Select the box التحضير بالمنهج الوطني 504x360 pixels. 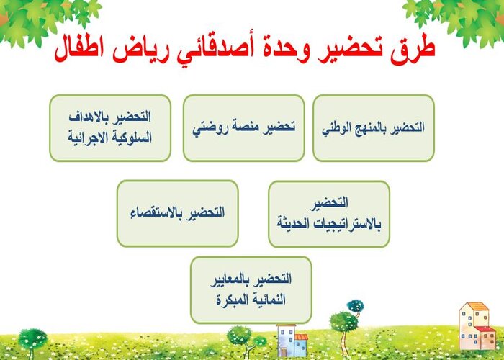[373, 127]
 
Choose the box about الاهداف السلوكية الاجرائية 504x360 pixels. [109, 127]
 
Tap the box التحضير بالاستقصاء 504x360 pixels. [177, 213]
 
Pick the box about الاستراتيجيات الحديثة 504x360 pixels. [329, 214]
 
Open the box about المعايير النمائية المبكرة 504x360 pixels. [250, 289]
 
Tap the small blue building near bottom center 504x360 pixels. [287, 338]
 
